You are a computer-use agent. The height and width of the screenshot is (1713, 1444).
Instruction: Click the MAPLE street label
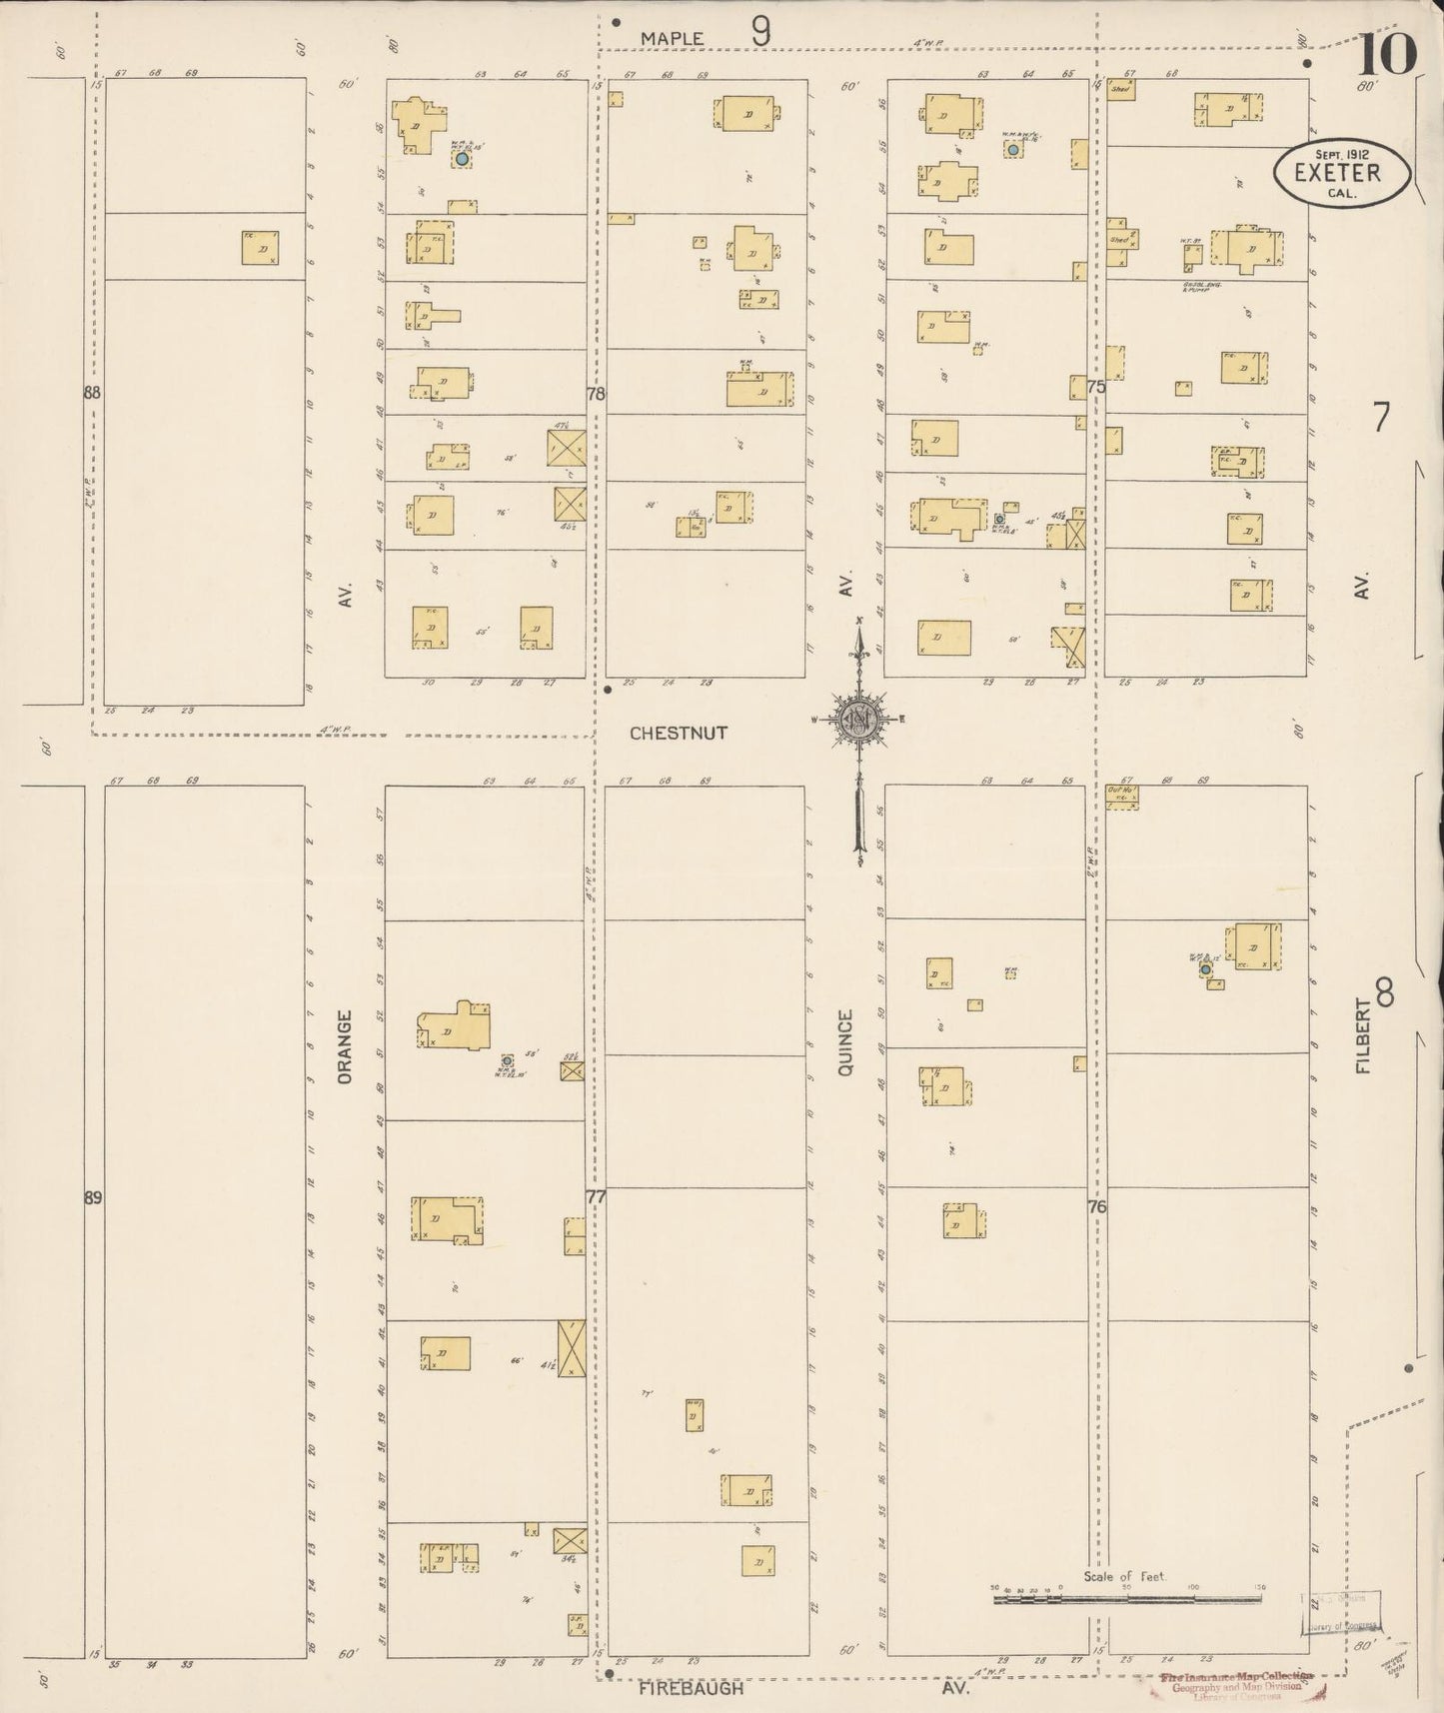point(672,38)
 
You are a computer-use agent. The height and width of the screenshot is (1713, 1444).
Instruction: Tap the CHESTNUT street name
point(679,733)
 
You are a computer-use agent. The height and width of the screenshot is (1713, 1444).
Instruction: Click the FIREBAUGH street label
point(692,1688)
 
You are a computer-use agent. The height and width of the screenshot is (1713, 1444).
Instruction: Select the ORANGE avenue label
point(345,1046)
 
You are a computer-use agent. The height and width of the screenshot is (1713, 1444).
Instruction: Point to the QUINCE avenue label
point(845,1042)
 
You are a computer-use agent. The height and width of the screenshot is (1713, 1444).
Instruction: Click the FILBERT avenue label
point(1364,1035)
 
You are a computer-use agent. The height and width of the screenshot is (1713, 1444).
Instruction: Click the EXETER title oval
point(1341,173)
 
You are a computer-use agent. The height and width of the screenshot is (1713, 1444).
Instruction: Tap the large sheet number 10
point(1386,54)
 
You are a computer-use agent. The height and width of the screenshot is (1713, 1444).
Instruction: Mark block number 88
point(93,394)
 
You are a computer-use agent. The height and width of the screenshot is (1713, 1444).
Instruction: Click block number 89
point(93,1197)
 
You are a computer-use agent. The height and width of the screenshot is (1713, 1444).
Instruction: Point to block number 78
point(596,394)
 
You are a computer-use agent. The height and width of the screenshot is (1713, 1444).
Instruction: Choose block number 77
point(596,1197)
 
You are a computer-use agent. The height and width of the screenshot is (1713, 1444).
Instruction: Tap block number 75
point(1096,387)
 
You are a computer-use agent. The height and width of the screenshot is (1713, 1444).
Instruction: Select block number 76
point(1096,1207)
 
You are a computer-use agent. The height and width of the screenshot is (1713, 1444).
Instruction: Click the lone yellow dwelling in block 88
point(260,248)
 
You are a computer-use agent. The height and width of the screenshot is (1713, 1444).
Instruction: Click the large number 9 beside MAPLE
point(760,33)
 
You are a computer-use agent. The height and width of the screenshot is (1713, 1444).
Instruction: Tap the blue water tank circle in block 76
point(1206,969)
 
